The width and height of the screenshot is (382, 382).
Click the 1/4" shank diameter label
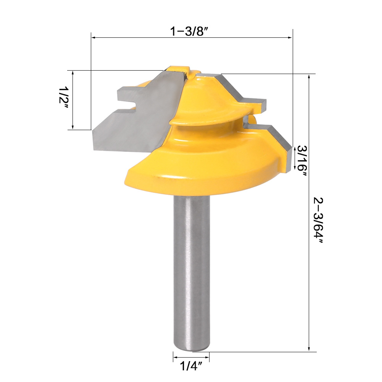pyautogui.click(x=191, y=366)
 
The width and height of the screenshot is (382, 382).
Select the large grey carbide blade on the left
pyautogui.click(x=137, y=114)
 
